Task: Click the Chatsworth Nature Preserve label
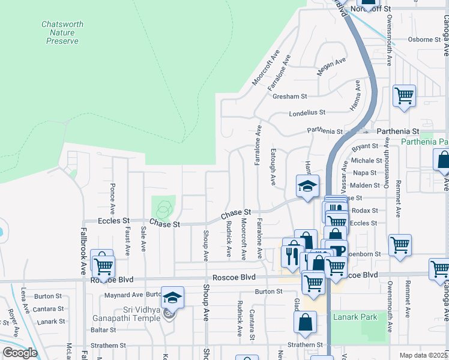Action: pos(62,32)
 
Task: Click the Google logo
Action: pos(20,353)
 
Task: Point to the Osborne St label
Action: pos(424,40)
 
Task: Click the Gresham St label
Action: pos(289,96)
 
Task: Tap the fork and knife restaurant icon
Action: pos(292,256)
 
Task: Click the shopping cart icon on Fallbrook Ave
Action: pos(103,265)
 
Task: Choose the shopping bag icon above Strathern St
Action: pos(305,322)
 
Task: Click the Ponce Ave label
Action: pos(112,200)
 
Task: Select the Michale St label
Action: pos(366,161)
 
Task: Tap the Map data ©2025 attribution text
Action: pos(423,355)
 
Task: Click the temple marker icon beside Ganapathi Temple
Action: pos(170,313)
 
